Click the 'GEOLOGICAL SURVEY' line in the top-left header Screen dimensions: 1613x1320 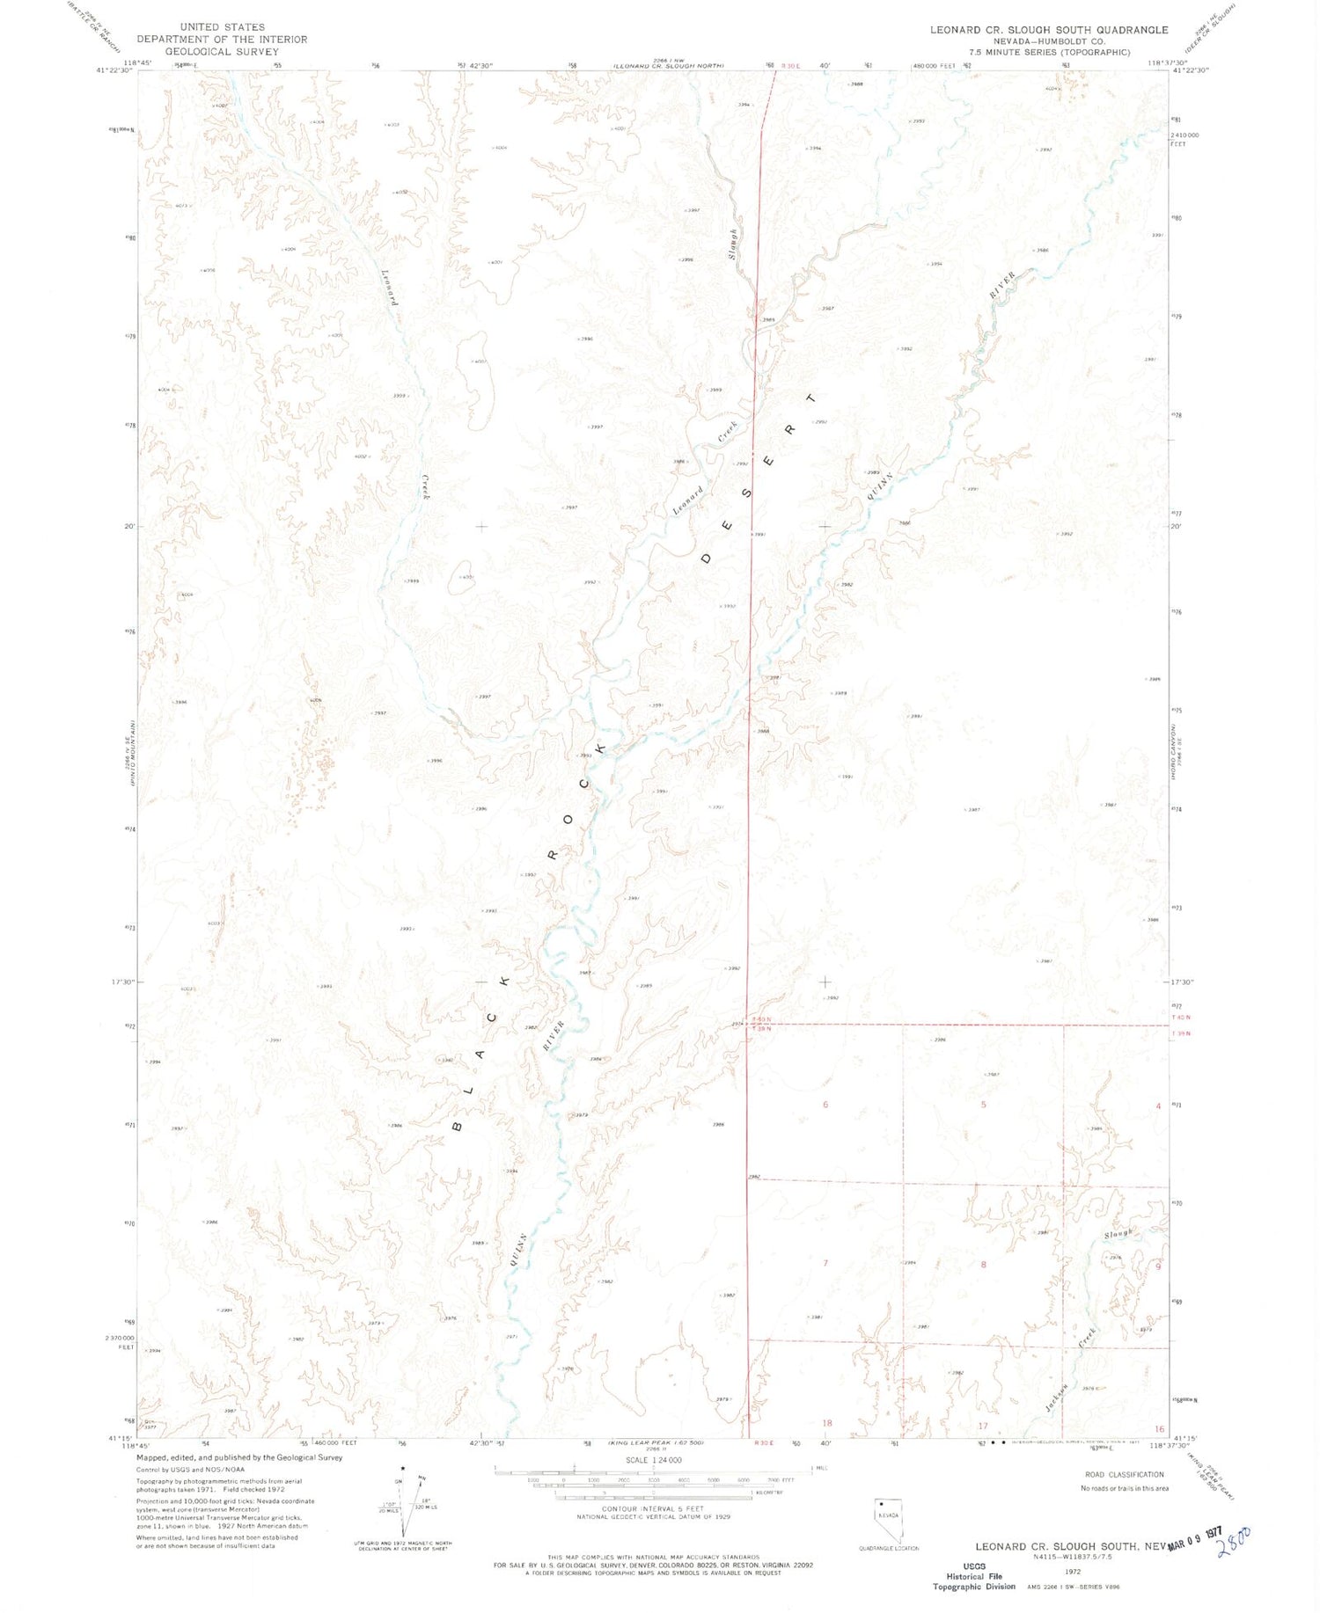click(222, 52)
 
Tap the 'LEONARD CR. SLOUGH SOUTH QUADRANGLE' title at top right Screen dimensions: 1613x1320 click(1049, 30)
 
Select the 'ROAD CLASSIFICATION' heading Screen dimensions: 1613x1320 click(1124, 1475)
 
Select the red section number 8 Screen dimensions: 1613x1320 click(983, 1265)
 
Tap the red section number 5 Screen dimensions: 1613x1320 click(983, 1105)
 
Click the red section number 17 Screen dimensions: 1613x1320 click(983, 1426)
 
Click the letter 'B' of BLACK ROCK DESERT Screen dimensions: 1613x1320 click(458, 1125)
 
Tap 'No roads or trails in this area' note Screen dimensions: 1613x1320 click(1124, 1488)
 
